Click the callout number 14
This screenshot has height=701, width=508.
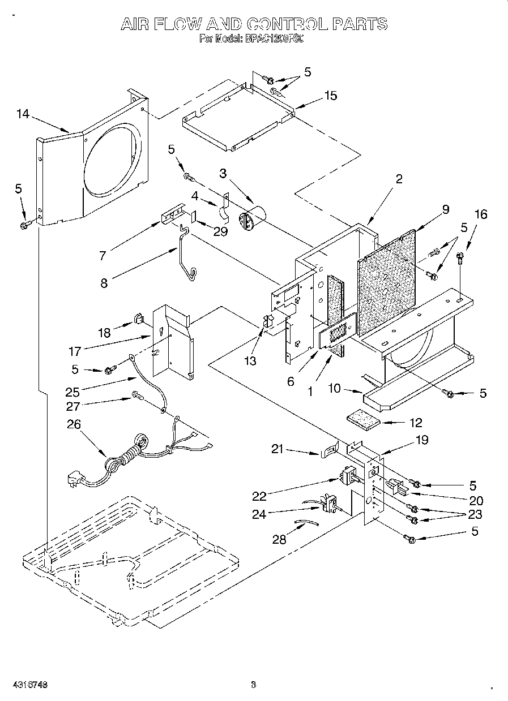coord(23,114)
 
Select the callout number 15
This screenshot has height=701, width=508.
coord(330,96)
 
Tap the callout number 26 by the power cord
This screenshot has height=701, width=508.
coord(74,424)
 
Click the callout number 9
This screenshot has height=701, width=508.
coord(445,209)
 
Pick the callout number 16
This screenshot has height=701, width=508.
coord(480,214)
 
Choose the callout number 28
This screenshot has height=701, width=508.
coord(279,539)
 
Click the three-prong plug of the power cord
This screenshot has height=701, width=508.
coord(74,480)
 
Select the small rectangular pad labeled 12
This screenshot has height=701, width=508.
coord(365,421)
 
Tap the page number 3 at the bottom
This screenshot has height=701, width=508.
coord(253,685)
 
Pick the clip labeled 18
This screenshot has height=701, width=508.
coord(138,321)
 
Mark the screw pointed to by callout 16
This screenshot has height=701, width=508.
coord(460,259)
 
